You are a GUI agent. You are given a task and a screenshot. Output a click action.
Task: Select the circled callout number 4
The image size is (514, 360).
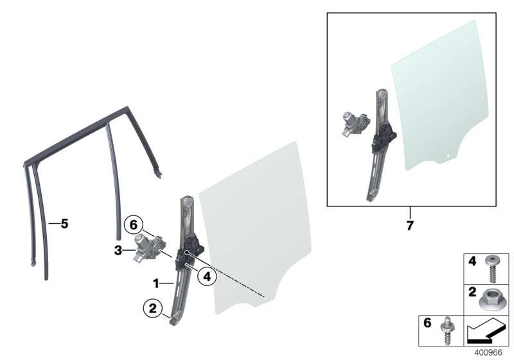[x=206, y=277]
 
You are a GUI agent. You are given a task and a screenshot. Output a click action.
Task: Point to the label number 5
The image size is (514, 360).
[x=64, y=224]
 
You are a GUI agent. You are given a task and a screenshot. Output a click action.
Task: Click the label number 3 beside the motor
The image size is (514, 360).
[x=118, y=251]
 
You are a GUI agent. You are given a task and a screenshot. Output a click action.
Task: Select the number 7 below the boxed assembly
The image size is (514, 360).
[x=410, y=226]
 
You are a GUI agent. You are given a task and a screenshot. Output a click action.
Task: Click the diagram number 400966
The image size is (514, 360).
[x=490, y=352]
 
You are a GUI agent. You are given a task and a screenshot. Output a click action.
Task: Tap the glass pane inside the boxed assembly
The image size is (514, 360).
[x=437, y=96]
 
